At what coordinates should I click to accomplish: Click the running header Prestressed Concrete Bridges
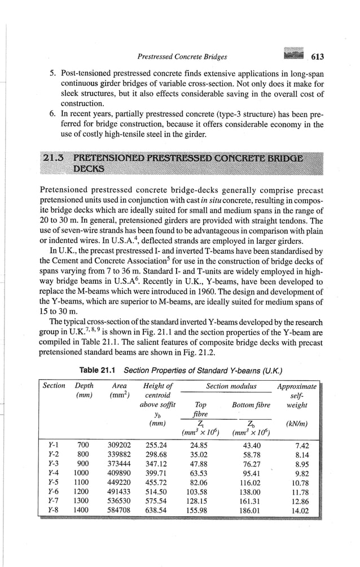click(x=182, y=56)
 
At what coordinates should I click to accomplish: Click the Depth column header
click(x=84, y=386)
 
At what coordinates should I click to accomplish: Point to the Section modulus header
click(x=231, y=386)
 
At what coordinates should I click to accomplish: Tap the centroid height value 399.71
click(x=158, y=474)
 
